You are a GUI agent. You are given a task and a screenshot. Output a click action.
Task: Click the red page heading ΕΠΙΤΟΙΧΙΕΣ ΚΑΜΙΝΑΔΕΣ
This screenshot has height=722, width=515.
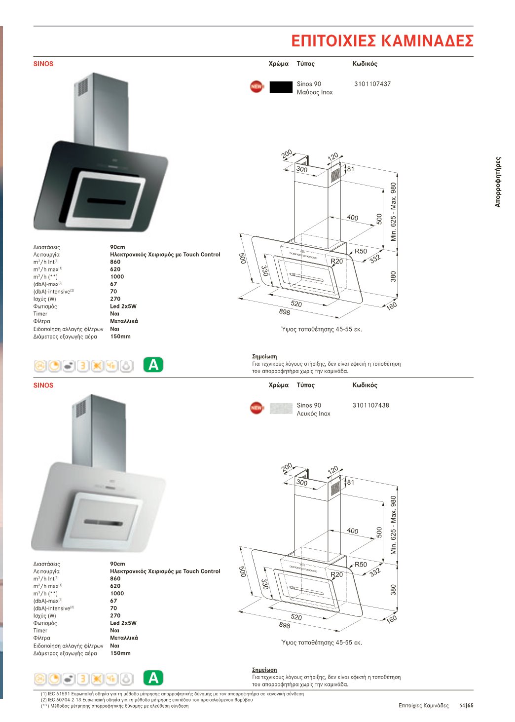382,41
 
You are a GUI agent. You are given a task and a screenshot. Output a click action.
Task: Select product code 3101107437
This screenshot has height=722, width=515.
372,84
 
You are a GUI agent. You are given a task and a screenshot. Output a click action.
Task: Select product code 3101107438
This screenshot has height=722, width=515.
370,405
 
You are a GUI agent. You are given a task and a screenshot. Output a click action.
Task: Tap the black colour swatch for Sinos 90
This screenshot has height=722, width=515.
281,87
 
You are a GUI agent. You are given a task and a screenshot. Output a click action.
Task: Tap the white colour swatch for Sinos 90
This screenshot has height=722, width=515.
281,408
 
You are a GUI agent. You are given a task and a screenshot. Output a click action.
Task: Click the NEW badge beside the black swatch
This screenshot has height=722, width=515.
257,86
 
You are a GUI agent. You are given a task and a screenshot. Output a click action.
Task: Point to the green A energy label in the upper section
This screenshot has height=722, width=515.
153,365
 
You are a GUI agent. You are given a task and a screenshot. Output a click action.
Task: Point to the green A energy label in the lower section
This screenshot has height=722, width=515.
153,678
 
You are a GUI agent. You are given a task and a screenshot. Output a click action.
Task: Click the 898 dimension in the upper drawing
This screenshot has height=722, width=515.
285,312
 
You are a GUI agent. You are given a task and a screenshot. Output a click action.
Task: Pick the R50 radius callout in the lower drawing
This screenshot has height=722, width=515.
361,565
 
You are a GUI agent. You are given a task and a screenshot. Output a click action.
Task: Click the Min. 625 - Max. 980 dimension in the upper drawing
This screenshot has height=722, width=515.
393,212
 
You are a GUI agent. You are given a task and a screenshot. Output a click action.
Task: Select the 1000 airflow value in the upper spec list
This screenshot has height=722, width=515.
117,276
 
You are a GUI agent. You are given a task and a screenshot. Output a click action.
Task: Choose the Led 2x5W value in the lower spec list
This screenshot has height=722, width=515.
123,623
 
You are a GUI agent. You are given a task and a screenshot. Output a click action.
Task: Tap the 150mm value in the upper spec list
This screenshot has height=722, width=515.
120,336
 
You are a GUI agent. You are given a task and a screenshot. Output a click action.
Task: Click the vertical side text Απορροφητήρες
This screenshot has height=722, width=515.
498,182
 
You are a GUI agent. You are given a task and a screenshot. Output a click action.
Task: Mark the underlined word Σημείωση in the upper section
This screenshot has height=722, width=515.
264,356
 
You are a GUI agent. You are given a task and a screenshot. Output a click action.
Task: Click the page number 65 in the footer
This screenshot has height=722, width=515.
470,706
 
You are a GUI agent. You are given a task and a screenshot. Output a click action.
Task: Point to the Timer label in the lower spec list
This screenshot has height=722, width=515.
40,631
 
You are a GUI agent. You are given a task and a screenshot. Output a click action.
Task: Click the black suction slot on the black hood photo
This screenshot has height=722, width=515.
106,201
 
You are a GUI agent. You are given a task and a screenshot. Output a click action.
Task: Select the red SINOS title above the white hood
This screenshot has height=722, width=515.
43,385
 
